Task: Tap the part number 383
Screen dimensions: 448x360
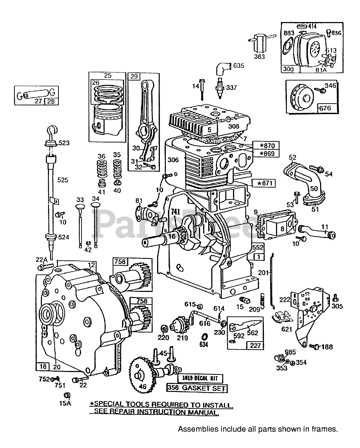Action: click(x=260, y=56)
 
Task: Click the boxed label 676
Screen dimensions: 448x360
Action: click(x=325, y=108)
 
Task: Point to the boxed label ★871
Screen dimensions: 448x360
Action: click(x=263, y=183)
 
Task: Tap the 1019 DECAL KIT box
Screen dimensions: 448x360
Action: click(x=199, y=378)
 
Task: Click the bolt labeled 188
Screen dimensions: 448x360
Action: click(x=315, y=346)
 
